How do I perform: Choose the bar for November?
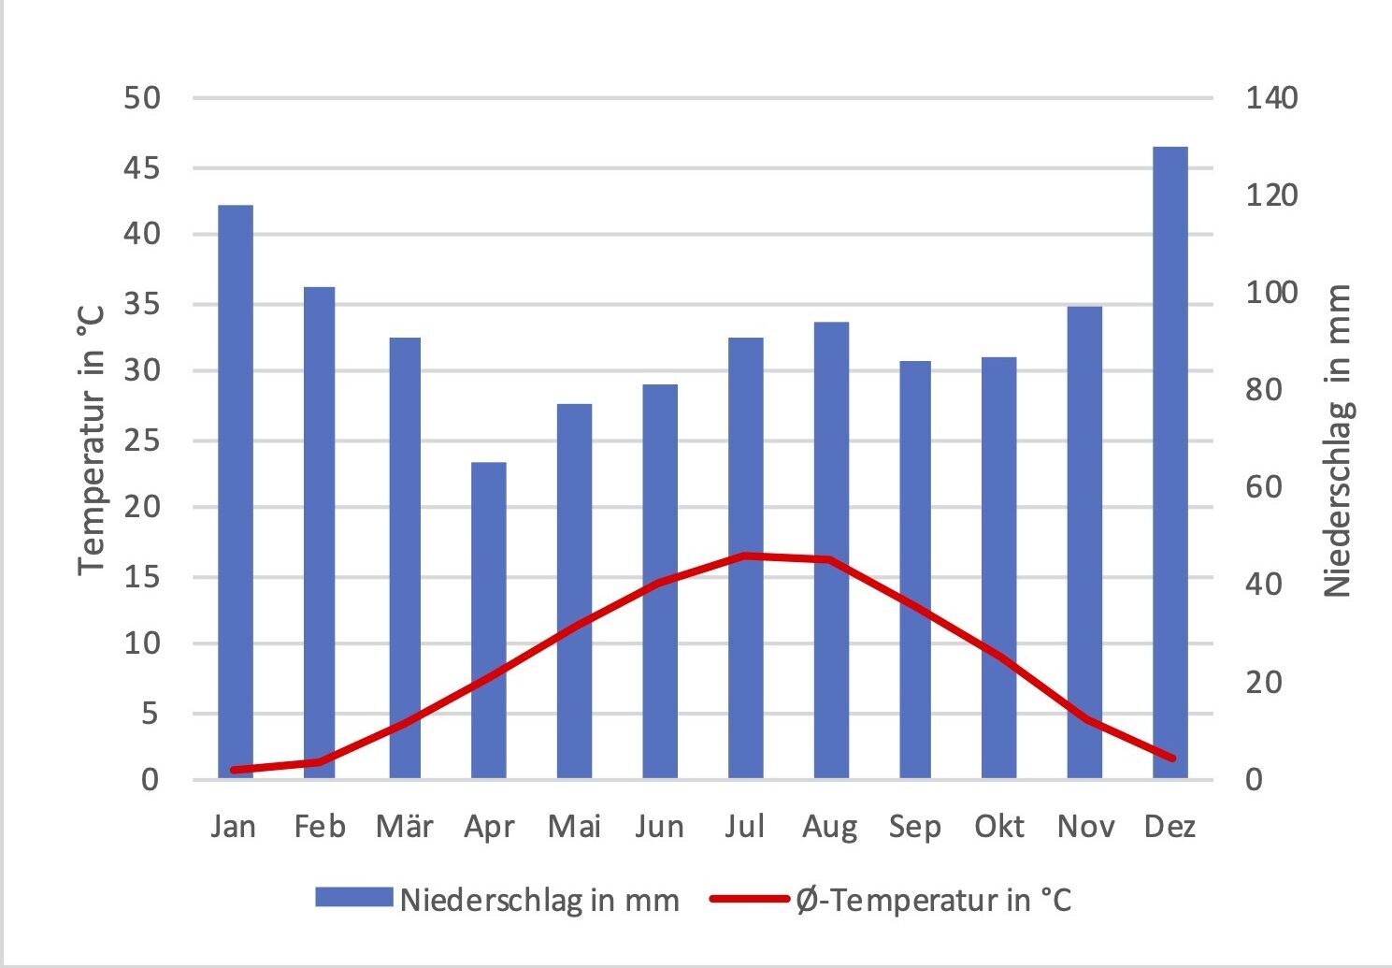[1084, 542]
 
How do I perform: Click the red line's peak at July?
[746, 556]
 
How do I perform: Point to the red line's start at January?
[235, 770]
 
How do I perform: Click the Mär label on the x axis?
[404, 827]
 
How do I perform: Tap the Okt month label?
[999, 827]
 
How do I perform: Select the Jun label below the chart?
[659, 827]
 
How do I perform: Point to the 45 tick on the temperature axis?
[142, 168]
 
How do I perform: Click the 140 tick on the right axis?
[1270, 98]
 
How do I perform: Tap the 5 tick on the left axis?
[151, 714]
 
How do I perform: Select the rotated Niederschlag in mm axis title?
[1338, 441]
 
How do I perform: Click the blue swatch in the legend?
[352, 898]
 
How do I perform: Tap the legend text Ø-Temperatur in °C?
[933, 900]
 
